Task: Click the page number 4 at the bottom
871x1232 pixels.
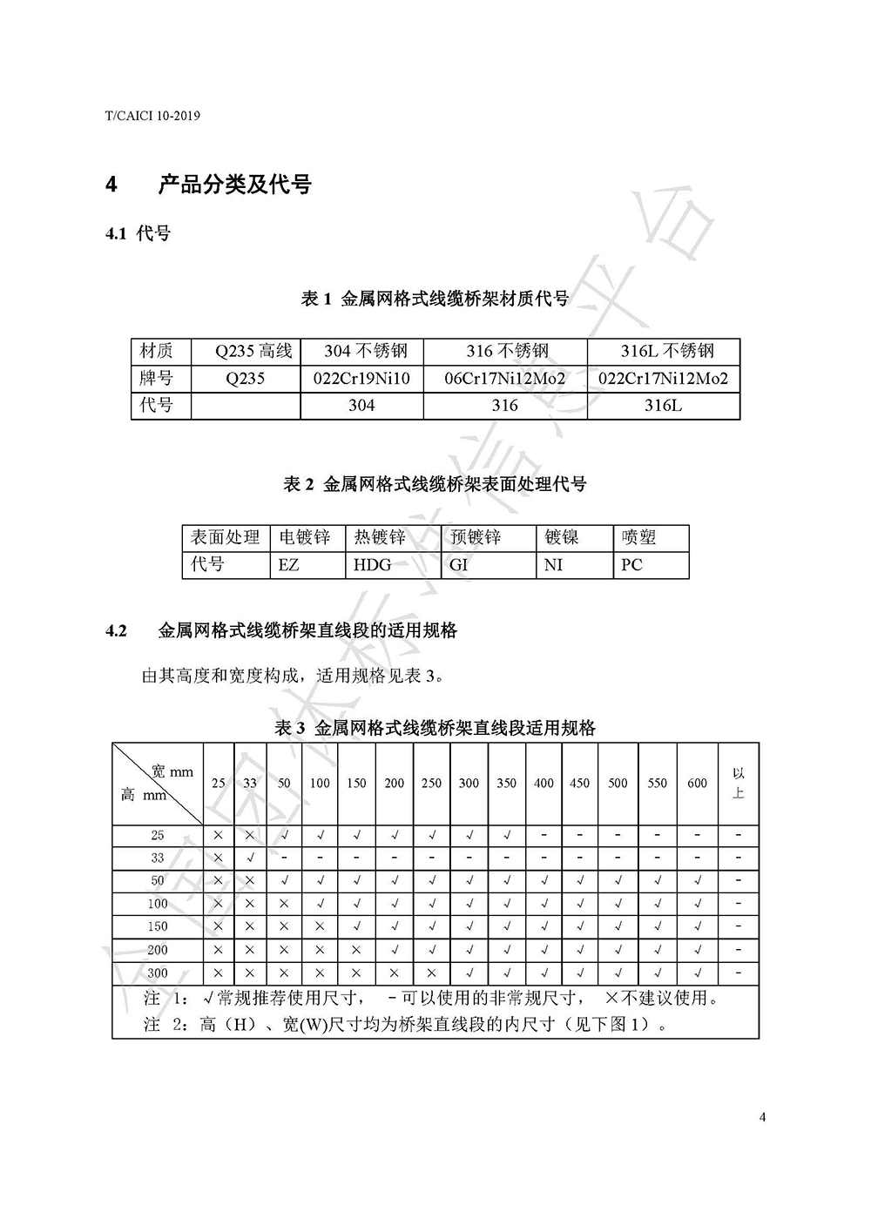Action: (x=762, y=1118)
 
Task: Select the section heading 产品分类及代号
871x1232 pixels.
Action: (x=234, y=185)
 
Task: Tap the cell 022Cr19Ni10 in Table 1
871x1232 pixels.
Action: (x=361, y=379)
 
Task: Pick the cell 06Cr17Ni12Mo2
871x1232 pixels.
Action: (x=504, y=379)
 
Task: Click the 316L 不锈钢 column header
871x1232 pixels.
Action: (x=666, y=352)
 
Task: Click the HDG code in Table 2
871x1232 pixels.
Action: (x=372, y=564)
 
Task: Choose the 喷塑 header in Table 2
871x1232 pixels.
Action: (x=638, y=537)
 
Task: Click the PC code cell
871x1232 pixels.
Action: (x=631, y=564)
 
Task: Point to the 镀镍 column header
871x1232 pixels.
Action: (x=562, y=537)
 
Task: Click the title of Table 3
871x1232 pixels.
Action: (x=435, y=728)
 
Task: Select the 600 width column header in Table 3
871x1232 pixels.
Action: (x=697, y=783)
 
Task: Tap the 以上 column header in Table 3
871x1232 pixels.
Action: (x=739, y=783)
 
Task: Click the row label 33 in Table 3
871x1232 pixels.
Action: (x=157, y=858)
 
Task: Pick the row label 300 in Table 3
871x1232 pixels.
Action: (x=157, y=973)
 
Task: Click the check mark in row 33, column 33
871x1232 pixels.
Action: (x=250, y=858)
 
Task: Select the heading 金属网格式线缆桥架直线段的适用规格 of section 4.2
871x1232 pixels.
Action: (x=307, y=630)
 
